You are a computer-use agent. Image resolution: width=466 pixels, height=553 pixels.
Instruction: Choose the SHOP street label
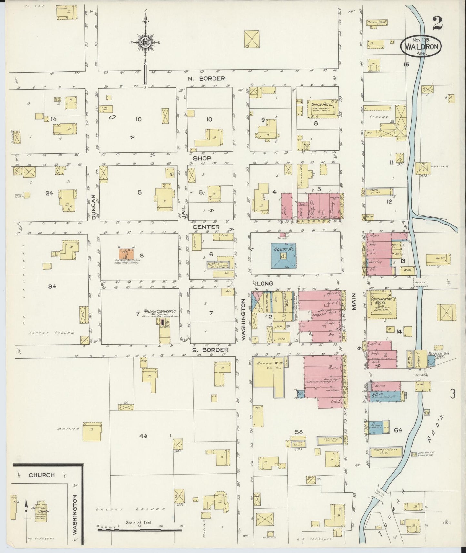(202, 158)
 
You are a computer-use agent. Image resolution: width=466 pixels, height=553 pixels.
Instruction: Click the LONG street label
(265, 283)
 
